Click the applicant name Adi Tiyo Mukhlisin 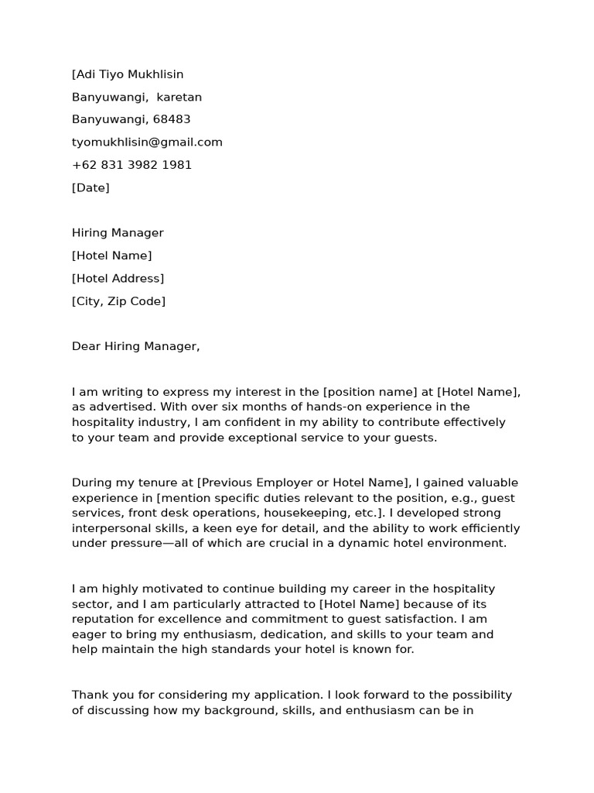point(128,74)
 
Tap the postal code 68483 point(172,119)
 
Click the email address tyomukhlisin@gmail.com point(147,142)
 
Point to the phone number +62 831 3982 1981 point(131,165)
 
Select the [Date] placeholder point(90,187)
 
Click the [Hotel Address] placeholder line point(118,279)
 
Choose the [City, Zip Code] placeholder point(118,301)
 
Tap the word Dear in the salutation point(86,346)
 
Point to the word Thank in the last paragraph point(89,695)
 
